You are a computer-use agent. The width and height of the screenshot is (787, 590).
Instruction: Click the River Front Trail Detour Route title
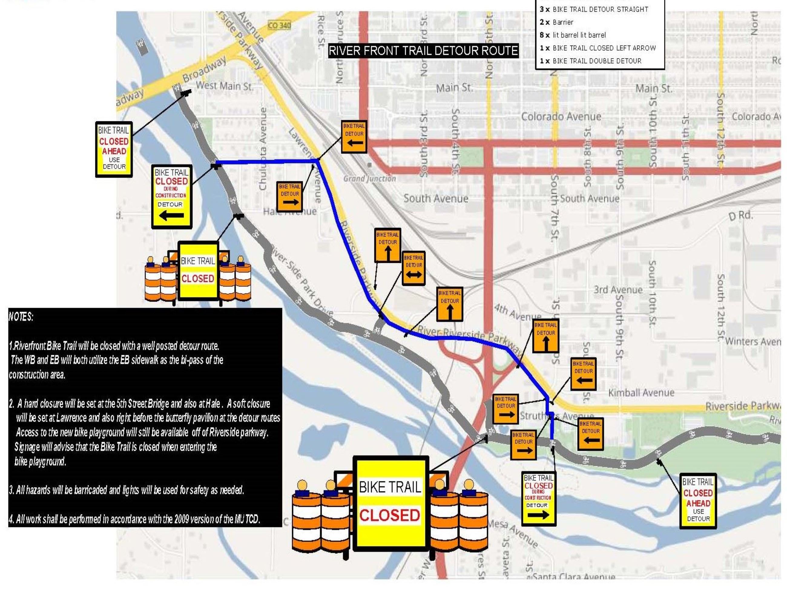coord(423,51)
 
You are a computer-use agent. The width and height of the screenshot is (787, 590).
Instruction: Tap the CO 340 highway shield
coord(279,25)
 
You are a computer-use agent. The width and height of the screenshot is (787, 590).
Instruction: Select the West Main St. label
coord(224,86)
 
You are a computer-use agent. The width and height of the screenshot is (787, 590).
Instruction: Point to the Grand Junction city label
coord(370,179)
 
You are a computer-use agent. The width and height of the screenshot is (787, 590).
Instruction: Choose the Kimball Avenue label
coord(641,393)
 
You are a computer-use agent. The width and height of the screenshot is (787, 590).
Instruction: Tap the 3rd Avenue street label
coord(618,290)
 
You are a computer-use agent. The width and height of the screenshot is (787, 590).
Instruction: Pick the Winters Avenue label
coord(752,342)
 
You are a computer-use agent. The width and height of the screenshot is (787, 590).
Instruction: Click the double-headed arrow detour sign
coord(413,268)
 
